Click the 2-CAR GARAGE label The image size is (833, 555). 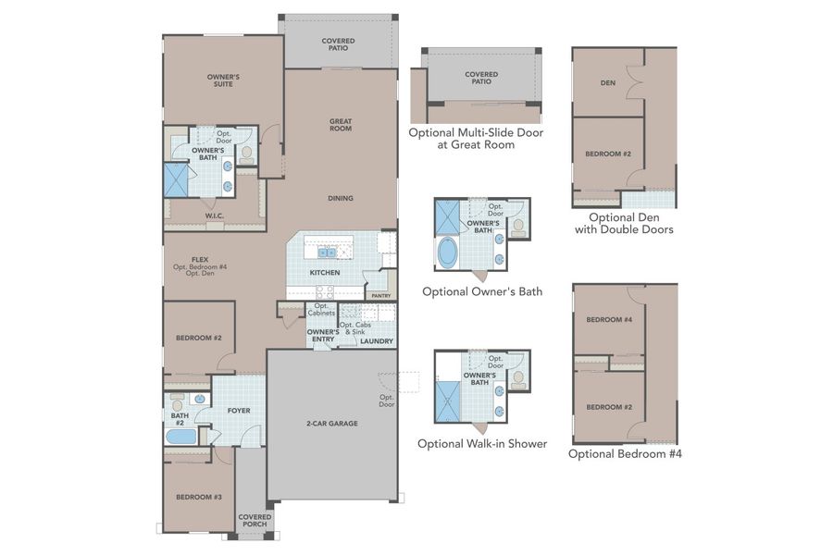331,424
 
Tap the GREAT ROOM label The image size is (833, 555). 340,125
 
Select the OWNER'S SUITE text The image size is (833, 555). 223,80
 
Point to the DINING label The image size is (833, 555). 340,198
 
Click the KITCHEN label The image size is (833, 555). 324,273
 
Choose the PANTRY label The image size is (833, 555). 380,296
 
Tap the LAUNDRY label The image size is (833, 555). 377,341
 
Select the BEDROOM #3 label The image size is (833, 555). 198,497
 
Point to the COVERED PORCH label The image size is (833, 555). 255,521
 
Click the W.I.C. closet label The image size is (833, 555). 214,216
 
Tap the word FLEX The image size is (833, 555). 199,259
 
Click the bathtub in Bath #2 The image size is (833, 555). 181,436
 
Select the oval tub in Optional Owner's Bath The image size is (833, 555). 448,252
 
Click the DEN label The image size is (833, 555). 607,83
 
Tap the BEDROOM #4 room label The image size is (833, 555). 608,319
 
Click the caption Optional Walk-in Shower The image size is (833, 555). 481,444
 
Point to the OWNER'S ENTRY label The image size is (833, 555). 321,336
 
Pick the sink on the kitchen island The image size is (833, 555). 326,252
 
